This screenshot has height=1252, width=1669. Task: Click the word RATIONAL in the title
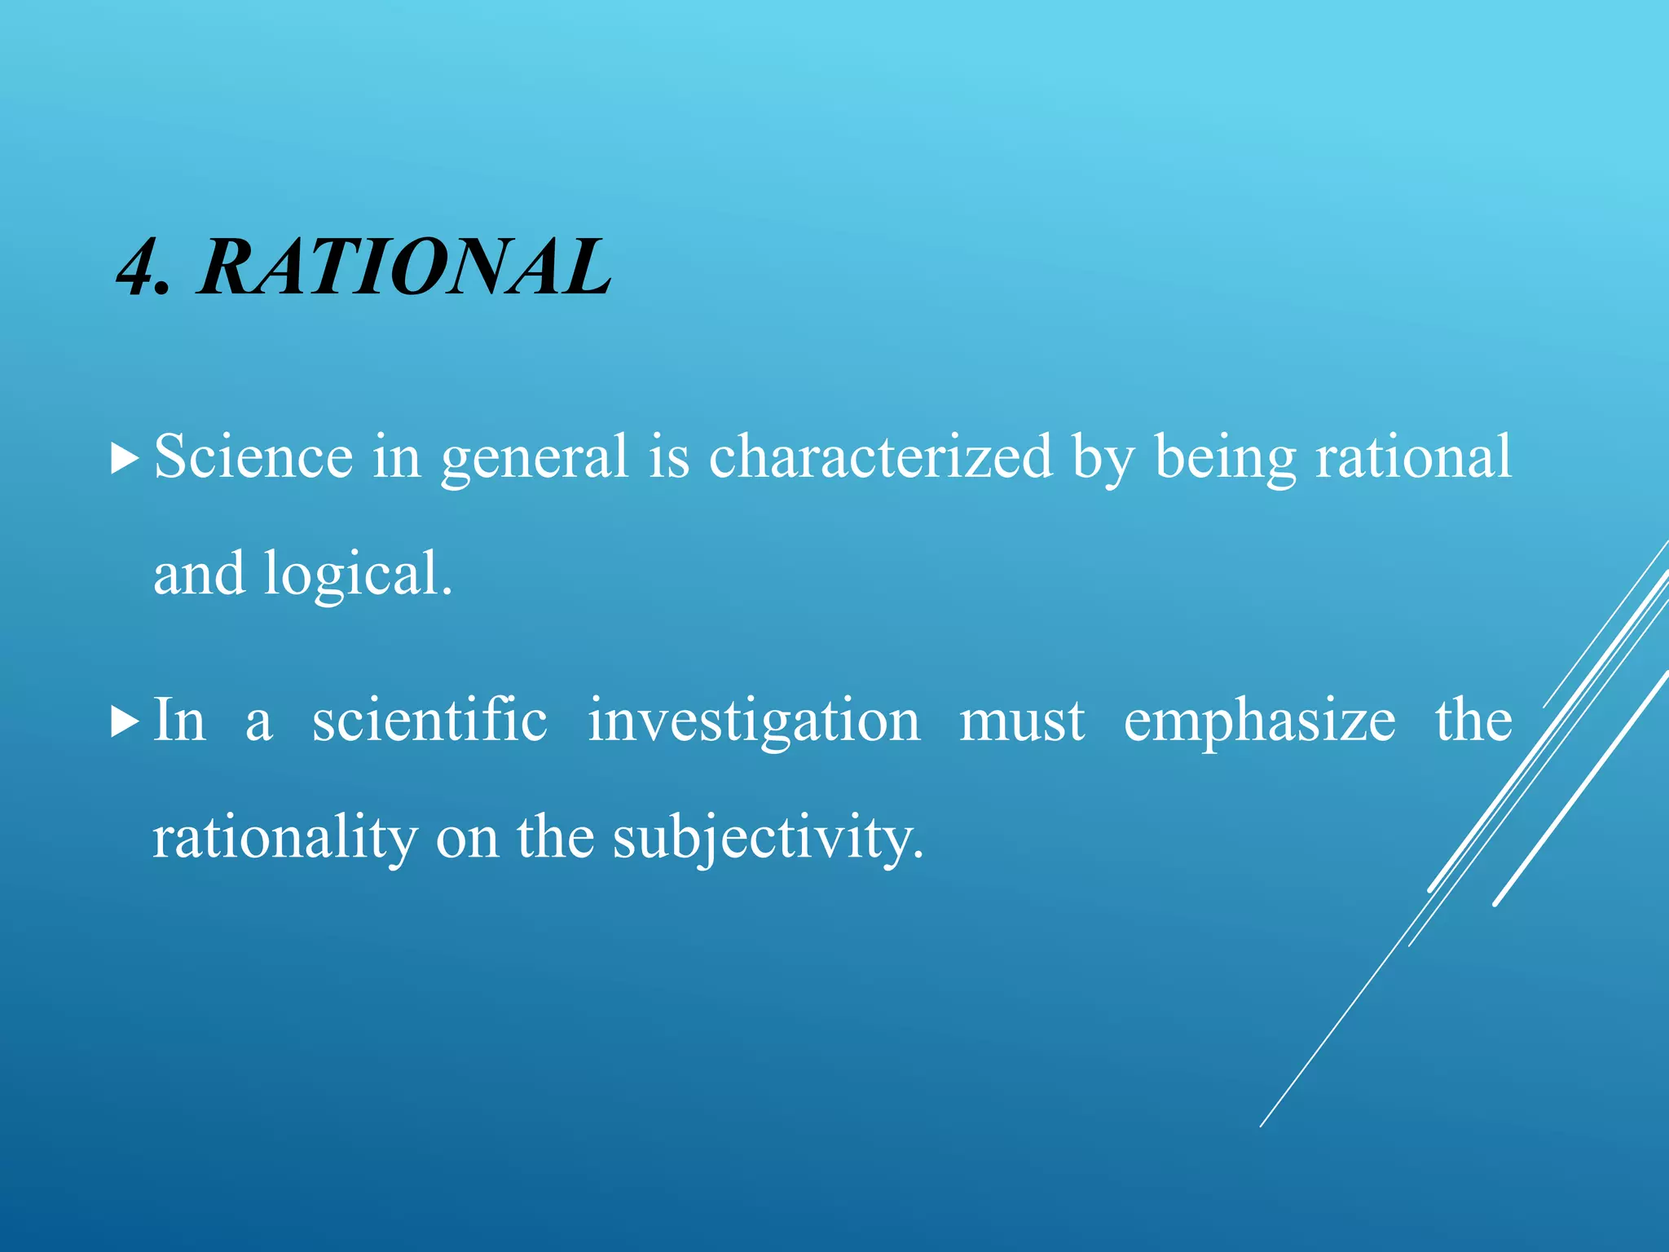(x=403, y=267)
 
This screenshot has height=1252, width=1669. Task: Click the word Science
(x=253, y=456)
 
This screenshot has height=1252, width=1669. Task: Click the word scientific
(x=429, y=720)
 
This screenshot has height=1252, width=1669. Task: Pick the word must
(x=1022, y=721)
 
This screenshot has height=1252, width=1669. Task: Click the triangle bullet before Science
(x=124, y=460)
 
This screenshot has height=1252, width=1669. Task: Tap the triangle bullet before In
(x=124, y=722)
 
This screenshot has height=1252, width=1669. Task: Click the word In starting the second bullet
(x=179, y=720)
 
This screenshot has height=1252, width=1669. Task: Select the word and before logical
(x=199, y=573)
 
